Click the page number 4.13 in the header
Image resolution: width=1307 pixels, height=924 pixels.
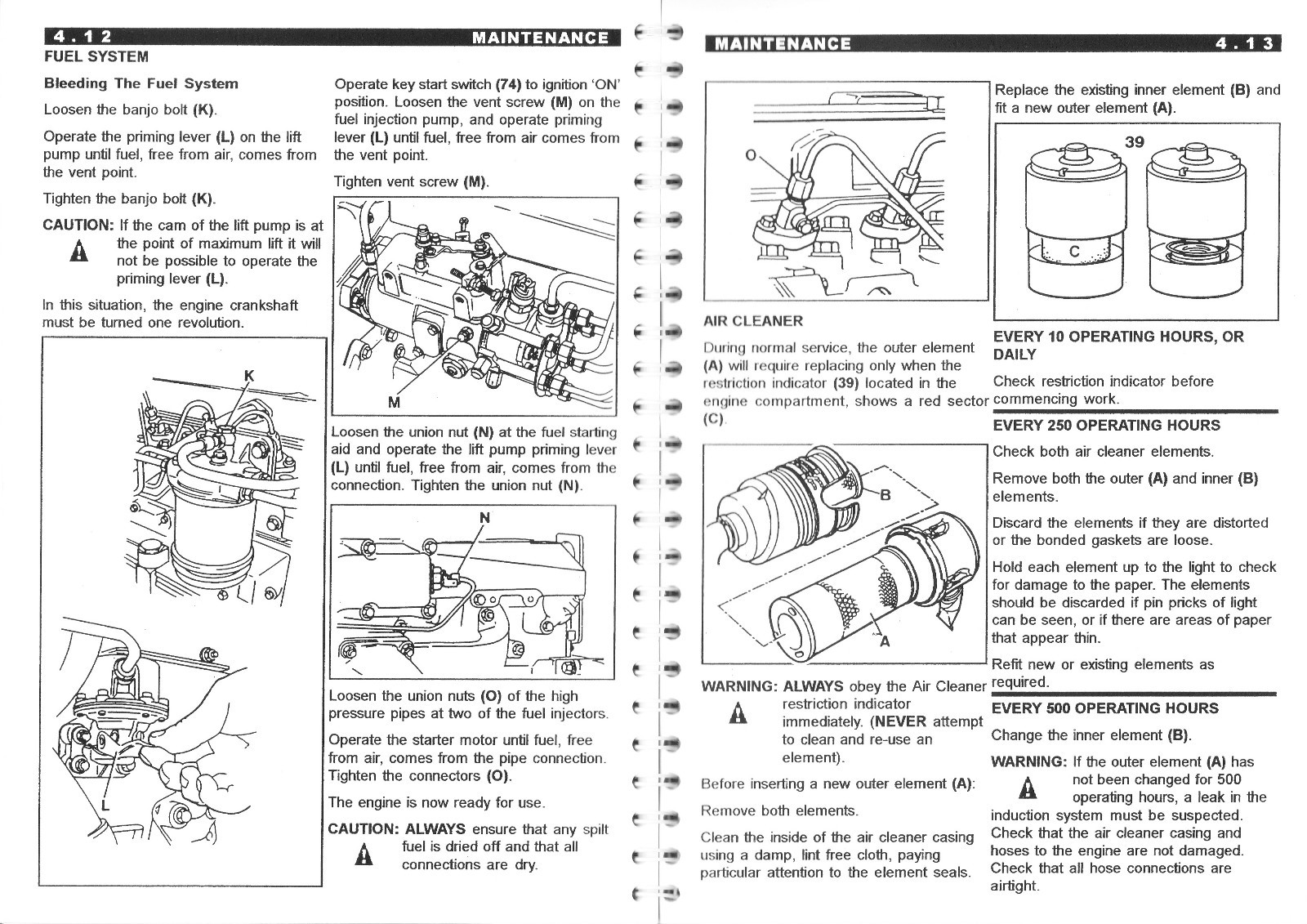pyautogui.click(x=1243, y=43)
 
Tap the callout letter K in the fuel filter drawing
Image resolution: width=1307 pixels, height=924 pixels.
pyautogui.click(x=250, y=376)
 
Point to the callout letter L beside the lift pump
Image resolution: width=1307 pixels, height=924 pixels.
pyautogui.click(x=105, y=806)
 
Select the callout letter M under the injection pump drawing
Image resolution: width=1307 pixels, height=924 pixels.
pyautogui.click(x=394, y=401)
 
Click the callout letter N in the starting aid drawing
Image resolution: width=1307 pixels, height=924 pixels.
pyautogui.click(x=484, y=517)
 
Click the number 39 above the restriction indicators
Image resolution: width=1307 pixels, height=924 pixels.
pyautogui.click(x=1134, y=142)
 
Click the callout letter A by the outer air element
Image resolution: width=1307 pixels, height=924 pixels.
pyautogui.click(x=884, y=641)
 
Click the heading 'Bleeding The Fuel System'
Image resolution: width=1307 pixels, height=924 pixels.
pyautogui.click(x=141, y=83)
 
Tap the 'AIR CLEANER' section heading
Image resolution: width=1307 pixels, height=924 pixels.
pyautogui.click(x=753, y=321)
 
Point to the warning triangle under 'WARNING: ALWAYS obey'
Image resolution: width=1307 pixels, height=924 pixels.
pyautogui.click(x=738, y=713)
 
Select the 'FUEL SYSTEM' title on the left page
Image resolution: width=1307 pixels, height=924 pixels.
pyautogui.click(x=96, y=56)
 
